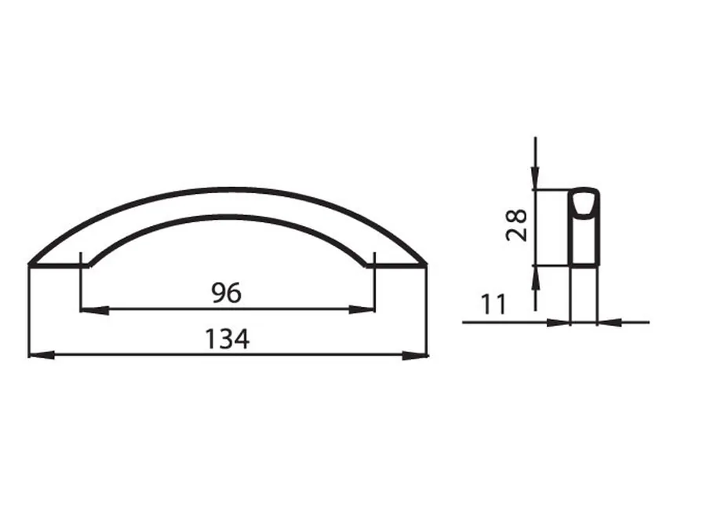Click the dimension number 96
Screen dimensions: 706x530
[227, 293]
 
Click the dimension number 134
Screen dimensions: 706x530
[227, 339]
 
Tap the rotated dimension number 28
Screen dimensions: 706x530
[516, 225]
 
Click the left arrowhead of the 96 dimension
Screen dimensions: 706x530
[94, 310]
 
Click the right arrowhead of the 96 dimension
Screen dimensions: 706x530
[362, 309]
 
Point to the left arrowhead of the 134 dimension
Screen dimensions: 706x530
[42, 355]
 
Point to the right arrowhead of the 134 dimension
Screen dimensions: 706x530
[415, 355]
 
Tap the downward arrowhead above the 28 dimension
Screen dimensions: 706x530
[535, 177]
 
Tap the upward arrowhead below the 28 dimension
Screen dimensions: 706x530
[535, 278]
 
